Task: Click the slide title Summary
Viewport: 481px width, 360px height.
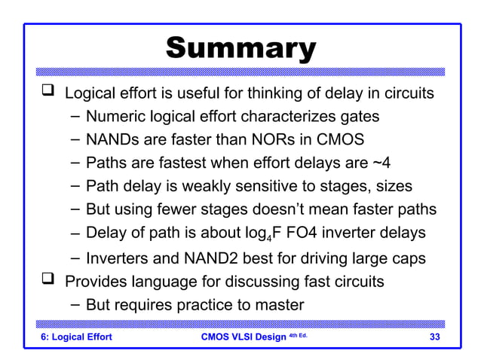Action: pos(240,48)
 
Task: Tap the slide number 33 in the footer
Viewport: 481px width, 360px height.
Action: pos(435,337)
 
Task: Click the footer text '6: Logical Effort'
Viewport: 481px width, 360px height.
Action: pos(75,337)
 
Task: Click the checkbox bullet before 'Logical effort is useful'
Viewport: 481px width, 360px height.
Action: pos(47,93)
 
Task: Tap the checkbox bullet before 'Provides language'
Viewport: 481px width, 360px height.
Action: pos(47,282)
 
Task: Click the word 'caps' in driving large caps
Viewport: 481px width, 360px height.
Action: pos(407,258)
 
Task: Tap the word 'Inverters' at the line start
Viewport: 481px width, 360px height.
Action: pos(121,258)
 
